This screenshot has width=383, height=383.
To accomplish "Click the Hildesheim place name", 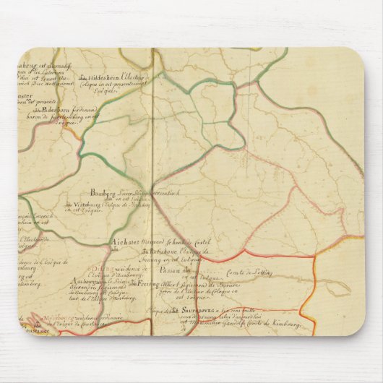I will click(105, 78).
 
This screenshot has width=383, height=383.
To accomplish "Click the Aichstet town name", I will click(120, 243).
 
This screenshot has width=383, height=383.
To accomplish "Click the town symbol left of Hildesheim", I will click(83, 78).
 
